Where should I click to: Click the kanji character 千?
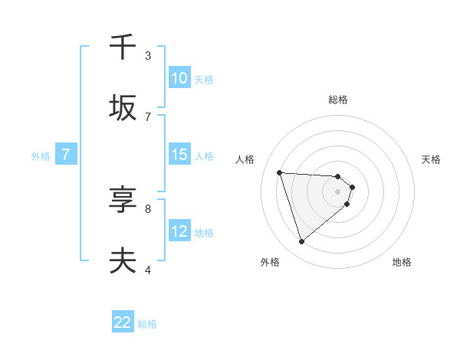click(x=123, y=47)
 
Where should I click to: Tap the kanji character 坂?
click(x=123, y=108)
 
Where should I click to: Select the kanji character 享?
click(x=123, y=200)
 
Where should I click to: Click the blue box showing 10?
click(x=179, y=77)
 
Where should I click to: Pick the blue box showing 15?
click(x=179, y=154)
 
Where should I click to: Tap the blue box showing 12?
click(x=179, y=231)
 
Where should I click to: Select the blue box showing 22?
click(x=123, y=322)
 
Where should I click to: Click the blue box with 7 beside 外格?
click(x=66, y=154)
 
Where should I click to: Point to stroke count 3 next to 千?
click(x=148, y=55)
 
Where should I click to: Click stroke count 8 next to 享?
click(x=148, y=208)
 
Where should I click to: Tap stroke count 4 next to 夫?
click(x=148, y=270)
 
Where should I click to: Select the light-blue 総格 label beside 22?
click(x=147, y=324)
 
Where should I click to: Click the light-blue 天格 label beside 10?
click(x=203, y=79)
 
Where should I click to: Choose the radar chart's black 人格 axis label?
click(x=245, y=159)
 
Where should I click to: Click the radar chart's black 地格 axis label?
click(x=402, y=262)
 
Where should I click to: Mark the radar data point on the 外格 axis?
click(x=301, y=242)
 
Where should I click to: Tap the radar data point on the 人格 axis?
click(x=280, y=172)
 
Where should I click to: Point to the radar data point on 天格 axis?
click(x=352, y=187)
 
